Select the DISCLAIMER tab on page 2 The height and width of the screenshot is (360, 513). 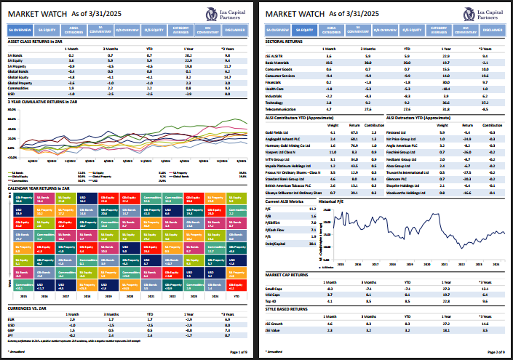click(x=492, y=31)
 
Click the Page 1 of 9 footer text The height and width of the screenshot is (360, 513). click(x=237, y=351)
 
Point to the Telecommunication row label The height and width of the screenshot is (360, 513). click(x=283, y=108)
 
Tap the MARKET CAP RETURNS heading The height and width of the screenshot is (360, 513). click(x=290, y=275)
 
